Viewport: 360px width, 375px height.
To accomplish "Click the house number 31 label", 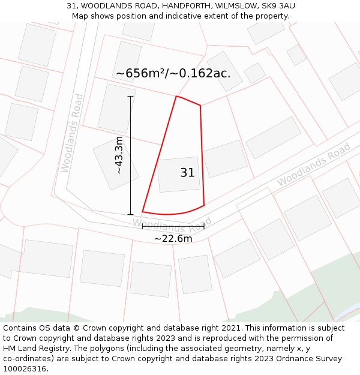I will (187, 173).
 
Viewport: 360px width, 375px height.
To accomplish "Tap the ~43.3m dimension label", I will (119, 155).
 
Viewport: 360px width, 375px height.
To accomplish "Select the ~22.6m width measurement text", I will (173, 239).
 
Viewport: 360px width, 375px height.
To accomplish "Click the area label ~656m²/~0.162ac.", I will (173, 74).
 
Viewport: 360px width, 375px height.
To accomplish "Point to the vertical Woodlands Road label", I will (70, 133).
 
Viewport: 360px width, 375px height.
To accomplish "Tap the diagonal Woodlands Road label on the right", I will (314, 165).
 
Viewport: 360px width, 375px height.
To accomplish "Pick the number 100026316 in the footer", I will (25, 369).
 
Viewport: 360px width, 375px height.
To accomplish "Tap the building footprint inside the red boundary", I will (179, 175).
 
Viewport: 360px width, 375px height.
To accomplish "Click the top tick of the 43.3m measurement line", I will (130, 96).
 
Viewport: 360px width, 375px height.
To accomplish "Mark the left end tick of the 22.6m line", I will (142, 226).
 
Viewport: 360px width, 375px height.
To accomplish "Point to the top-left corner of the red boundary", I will (176, 96).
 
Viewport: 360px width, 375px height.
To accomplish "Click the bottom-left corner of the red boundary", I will (143, 212).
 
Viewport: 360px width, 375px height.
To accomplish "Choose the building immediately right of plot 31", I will (225, 158).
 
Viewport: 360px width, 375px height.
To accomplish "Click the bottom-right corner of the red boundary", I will (204, 205).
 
